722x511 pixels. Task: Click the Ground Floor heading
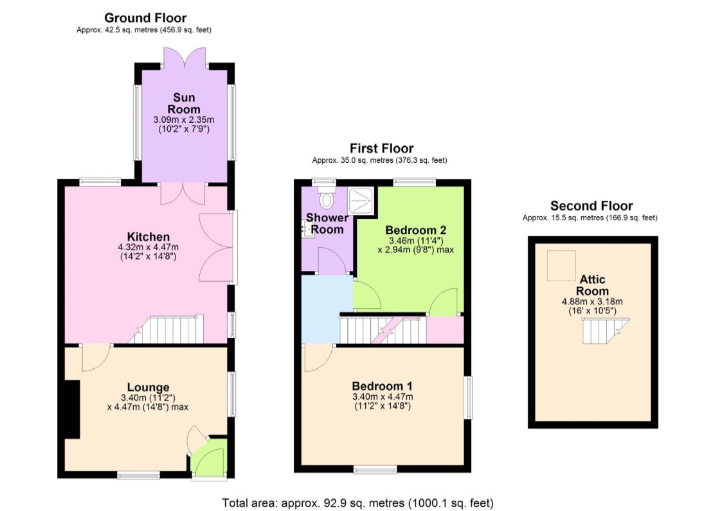pos(145,18)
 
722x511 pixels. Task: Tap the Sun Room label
pos(184,103)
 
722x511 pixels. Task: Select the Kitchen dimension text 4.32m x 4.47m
pos(149,247)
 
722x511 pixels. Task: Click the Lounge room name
pos(149,387)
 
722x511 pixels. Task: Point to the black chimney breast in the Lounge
pos(72,409)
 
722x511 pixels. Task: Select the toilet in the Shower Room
pos(327,197)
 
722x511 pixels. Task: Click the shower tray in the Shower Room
pos(360,200)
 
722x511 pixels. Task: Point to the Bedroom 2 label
pos(416,230)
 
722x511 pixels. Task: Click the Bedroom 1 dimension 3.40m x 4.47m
pos(383,396)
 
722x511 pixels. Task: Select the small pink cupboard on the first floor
pos(445,330)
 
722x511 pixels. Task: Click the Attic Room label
pos(593,285)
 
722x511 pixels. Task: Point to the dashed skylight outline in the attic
pos(561,266)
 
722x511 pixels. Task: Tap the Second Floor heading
pos(591,205)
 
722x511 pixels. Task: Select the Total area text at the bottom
pos(357,503)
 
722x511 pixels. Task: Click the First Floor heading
pos(382,149)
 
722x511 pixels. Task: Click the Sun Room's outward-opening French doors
pos(185,57)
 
